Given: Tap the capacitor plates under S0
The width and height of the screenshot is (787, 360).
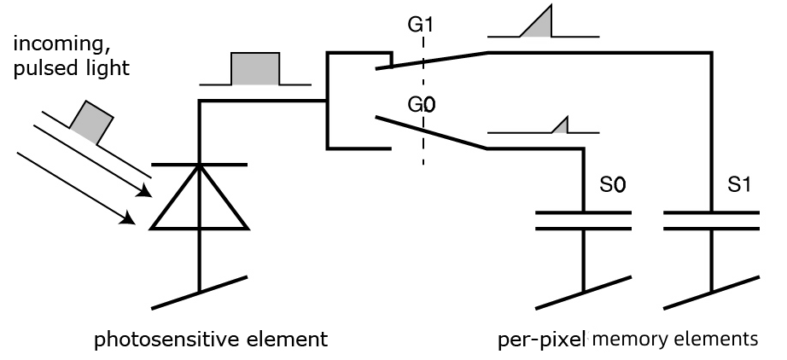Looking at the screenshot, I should (x=584, y=221).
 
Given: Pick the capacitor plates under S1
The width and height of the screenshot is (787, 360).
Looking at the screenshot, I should (x=712, y=221).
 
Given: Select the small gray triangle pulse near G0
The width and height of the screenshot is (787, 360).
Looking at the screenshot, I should (x=562, y=126).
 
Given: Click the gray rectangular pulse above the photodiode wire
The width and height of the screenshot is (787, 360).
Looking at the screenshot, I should (x=256, y=69).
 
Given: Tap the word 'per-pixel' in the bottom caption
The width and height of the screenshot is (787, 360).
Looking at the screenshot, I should (x=541, y=340).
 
